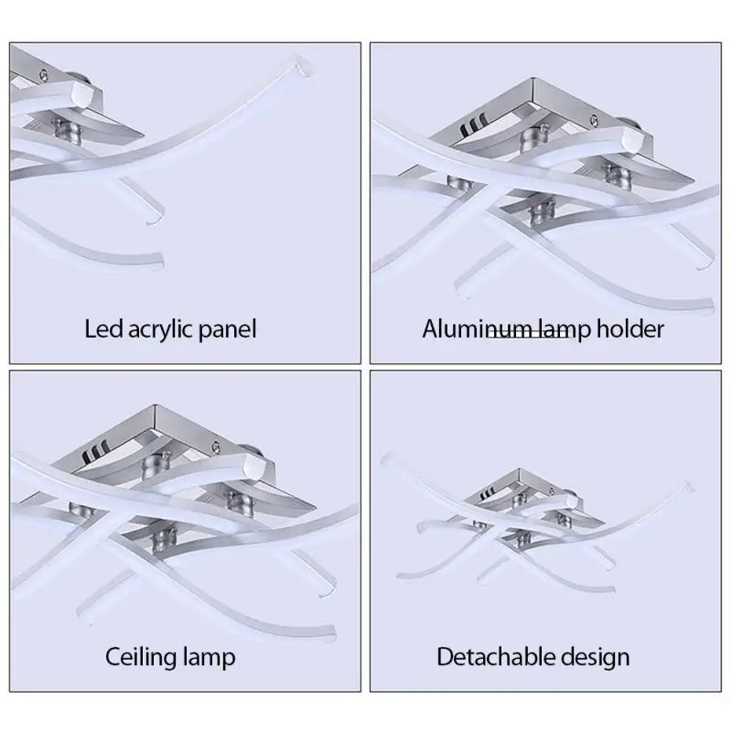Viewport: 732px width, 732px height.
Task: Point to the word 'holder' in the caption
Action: pyautogui.click(x=630, y=328)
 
